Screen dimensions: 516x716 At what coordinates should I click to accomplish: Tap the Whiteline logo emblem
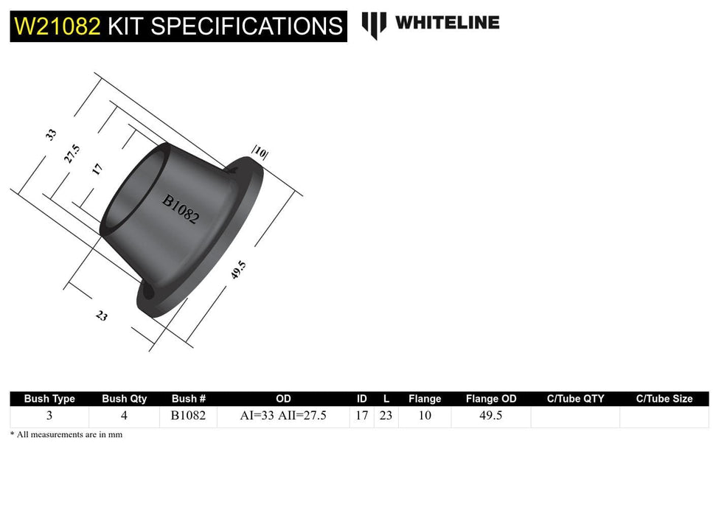373,24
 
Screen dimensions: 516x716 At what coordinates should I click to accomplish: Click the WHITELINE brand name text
447,23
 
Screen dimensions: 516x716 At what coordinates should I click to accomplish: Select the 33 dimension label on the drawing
51,134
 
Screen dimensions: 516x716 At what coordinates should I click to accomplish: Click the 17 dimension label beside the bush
97,169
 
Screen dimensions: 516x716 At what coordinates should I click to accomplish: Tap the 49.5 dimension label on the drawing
237,270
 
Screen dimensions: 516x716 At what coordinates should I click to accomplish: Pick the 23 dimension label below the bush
102,315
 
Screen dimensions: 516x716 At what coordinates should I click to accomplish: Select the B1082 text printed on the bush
181,209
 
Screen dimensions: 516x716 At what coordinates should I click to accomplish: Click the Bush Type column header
49,399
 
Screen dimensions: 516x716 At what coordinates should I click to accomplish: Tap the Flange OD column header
491,399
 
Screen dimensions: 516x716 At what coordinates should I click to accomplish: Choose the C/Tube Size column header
664,399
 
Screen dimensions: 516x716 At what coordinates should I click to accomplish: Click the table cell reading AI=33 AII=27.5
283,416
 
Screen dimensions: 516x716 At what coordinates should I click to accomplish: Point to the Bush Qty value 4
124,416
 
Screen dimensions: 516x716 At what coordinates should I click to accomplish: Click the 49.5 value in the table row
490,416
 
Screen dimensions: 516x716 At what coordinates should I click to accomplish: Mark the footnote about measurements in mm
66,435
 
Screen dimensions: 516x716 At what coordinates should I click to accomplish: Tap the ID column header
361,399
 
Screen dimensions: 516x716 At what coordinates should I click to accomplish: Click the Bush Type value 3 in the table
49,416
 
